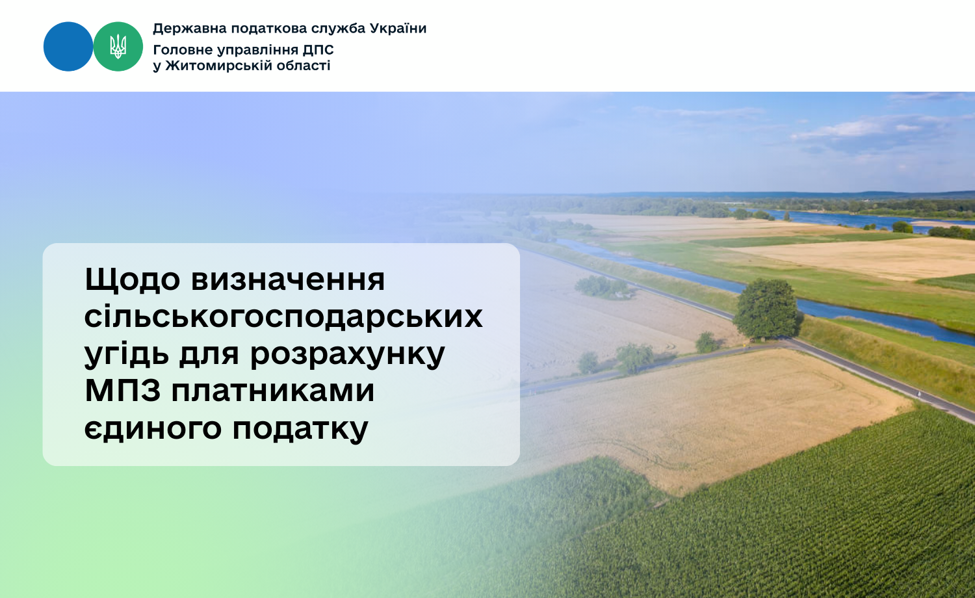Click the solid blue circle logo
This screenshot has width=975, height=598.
coord(68,47)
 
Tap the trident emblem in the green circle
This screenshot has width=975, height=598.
coord(118,47)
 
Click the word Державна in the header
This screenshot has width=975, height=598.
coord(190,29)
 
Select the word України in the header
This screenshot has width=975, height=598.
coord(398,29)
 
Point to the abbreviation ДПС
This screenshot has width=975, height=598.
coord(318,50)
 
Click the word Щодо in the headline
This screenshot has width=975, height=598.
coord(133,280)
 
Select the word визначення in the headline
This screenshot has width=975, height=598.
coord(288,280)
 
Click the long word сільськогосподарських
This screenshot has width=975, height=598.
coord(283,317)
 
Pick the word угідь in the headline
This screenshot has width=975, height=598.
coord(127,354)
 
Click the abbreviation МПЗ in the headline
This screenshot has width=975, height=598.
coord(123,391)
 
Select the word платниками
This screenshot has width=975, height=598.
coord(273,391)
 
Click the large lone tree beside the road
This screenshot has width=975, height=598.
coord(767,309)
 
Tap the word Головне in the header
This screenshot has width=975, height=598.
coord(183,50)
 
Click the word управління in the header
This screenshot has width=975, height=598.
coord(257,51)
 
